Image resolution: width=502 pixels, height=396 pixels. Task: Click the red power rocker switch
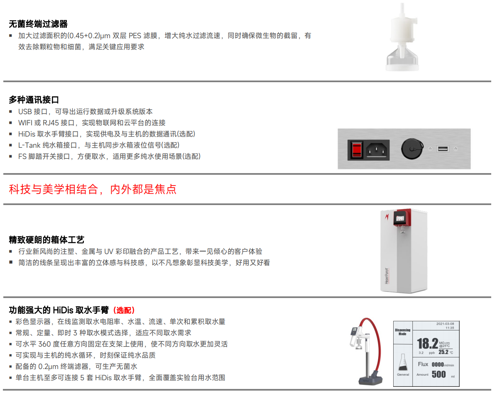click(x=356, y=150)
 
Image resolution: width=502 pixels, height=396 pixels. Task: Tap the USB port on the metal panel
click(x=443, y=149)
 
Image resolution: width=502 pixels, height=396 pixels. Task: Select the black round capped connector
click(x=412, y=149)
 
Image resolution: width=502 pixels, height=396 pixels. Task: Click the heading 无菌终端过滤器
click(x=38, y=24)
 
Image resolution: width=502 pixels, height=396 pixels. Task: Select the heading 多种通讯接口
click(x=34, y=100)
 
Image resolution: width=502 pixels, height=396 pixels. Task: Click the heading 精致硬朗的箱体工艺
click(x=47, y=240)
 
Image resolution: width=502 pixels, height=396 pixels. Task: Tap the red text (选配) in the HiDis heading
click(x=124, y=310)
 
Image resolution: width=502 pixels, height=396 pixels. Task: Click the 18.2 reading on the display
click(x=428, y=344)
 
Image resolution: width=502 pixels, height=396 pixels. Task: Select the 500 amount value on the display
click(x=438, y=374)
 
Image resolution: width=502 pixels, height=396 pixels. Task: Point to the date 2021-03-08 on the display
click(x=445, y=324)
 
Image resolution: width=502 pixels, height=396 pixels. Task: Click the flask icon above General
click(x=403, y=362)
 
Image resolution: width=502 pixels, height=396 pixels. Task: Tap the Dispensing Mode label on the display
click(x=402, y=332)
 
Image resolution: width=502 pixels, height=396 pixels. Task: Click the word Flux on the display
click(x=423, y=364)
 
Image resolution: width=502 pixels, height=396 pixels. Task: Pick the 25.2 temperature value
click(x=443, y=352)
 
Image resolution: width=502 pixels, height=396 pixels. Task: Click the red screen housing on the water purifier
click(x=402, y=218)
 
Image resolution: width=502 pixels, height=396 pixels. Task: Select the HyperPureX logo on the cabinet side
click(x=387, y=276)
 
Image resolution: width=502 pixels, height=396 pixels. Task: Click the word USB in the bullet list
click(x=25, y=112)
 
